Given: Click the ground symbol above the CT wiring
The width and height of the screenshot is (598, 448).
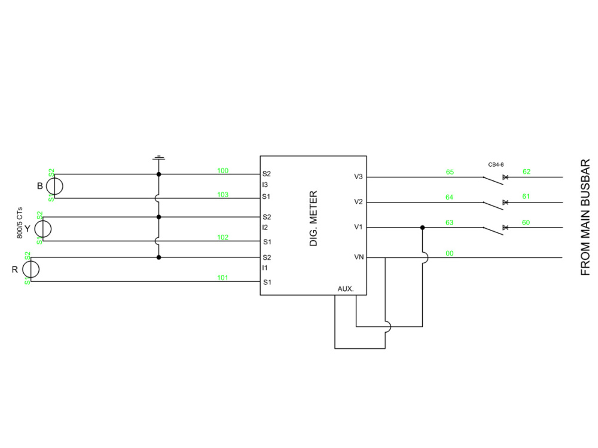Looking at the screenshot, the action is (x=158, y=158).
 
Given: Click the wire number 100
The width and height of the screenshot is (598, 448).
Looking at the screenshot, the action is (x=222, y=171).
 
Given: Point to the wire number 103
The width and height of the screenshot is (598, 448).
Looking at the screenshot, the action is (x=222, y=195).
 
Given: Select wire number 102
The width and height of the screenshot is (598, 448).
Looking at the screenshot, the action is (x=222, y=237).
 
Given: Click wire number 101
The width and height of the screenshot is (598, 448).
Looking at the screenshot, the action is (x=222, y=278).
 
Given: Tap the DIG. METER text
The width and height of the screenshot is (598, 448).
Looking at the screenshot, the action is (x=313, y=219).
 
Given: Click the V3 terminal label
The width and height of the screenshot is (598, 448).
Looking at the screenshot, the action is (x=358, y=177).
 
